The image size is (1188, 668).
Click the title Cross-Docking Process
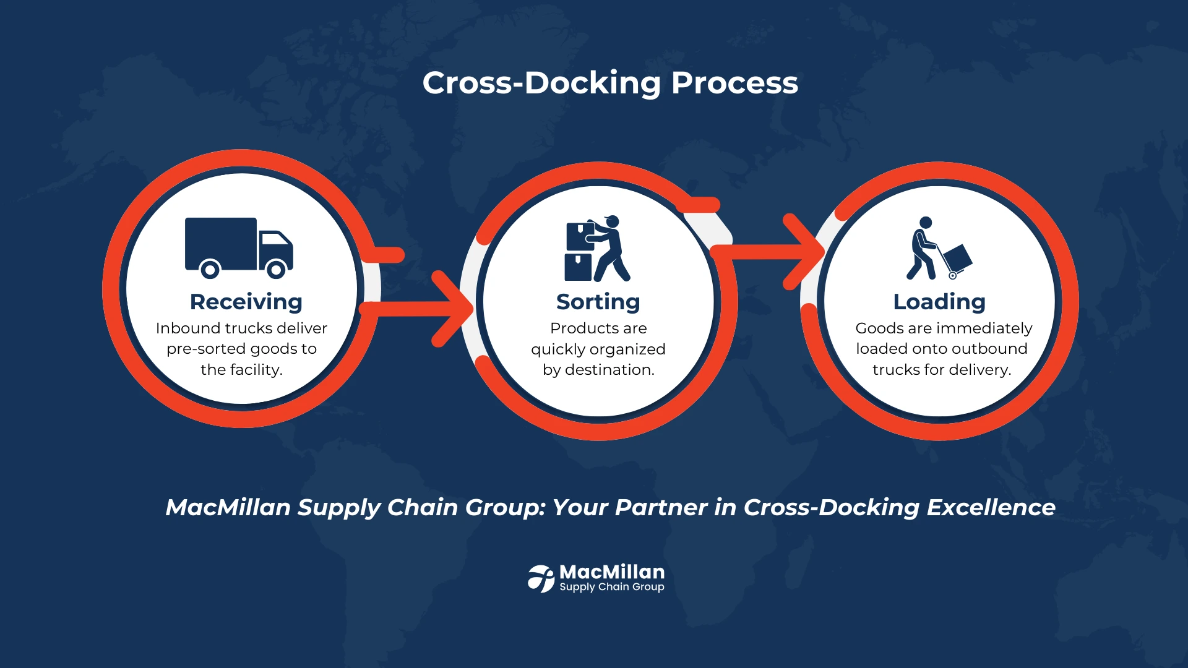pos(610,83)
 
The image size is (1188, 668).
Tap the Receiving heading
pos(246,302)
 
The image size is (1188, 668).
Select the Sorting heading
pos(598,302)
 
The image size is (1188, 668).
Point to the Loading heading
pos(939,302)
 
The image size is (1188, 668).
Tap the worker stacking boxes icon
pos(597,249)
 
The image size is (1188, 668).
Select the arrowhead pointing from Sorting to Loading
pos(805,252)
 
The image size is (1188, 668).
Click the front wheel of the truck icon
pos(276,270)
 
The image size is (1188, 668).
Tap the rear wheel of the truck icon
pos(210,270)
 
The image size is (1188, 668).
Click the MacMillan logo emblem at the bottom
pos(541,578)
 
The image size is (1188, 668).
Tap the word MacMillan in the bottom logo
pos(612,572)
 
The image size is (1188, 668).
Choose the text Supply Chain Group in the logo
pos(612,587)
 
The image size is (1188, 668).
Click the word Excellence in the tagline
pos(991,507)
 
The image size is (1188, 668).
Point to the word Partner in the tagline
pos(661,507)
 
